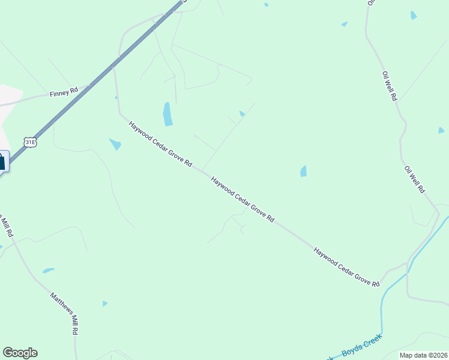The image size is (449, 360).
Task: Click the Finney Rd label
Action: coord(65,92)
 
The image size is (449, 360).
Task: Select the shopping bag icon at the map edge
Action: coord(2,161)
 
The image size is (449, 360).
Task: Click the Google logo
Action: coord(20,353)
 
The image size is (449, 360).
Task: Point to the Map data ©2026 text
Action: coord(423,355)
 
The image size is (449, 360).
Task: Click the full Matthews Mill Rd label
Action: coord(64,313)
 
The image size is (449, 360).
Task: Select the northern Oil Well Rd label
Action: coord(390,85)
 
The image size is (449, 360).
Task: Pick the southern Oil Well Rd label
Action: coord(415,179)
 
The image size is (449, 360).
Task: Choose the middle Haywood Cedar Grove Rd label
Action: coord(243,199)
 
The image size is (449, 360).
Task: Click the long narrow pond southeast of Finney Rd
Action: coord(167,114)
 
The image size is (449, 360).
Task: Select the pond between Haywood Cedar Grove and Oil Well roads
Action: coord(303,172)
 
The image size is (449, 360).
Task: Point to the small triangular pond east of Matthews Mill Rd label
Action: coord(104,304)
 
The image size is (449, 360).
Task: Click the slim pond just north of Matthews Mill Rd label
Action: coord(48,271)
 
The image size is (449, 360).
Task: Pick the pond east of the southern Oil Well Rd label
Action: coord(441,130)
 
